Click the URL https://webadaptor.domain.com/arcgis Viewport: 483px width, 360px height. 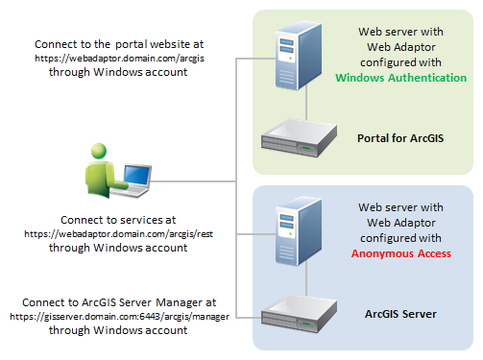[x=119, y=59]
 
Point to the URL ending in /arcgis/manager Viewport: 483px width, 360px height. [x=117, y=316]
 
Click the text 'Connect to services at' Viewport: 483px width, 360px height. [x=117, y=220]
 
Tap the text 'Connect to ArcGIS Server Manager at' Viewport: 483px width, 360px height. [x=117, y=302]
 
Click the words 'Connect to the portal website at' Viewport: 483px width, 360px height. [x=119, y=45]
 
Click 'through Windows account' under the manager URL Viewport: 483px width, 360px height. [x=117, y=329]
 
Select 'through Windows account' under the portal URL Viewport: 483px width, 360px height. [x=119, y=72]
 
